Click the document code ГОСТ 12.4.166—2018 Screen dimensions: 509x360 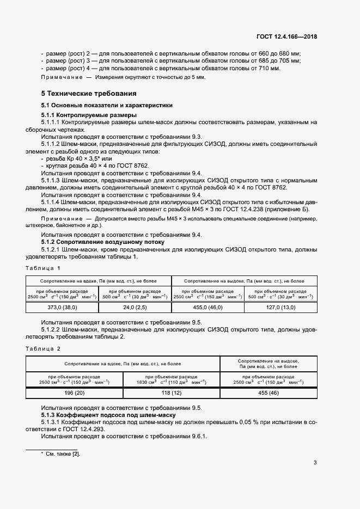[x=286, y=37]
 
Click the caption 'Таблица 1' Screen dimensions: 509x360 [x=43, y=268]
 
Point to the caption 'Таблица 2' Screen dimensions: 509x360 [x=43, y=348]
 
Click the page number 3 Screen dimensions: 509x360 [x=315, y=463]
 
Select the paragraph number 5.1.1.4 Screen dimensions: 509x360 [x=55, y=201]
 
